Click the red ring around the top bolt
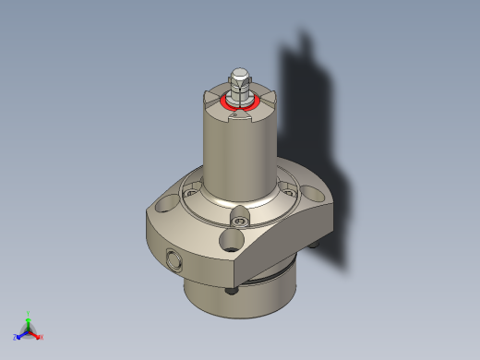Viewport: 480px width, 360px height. pos(225,103)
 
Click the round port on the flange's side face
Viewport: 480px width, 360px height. pos(174,259)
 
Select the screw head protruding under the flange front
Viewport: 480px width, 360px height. pos(232,290)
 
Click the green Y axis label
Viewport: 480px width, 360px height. pos(29,314)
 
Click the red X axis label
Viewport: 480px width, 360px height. pos(41,337)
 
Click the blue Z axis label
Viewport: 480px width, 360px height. pos(17,337)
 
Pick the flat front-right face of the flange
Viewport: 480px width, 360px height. pos(286,245)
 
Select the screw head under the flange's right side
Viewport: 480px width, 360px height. pos(318,244)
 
